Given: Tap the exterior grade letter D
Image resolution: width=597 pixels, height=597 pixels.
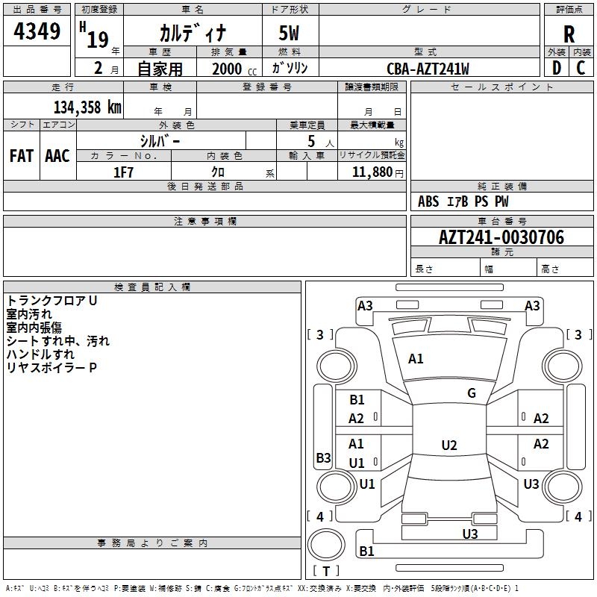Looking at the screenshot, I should point(556,67).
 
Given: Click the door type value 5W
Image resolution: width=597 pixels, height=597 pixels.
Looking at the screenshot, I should point(290,33).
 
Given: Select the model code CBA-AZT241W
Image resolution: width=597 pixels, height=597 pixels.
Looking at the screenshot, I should point(428,69).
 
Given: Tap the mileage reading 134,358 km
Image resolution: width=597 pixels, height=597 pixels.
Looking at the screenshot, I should point(87,107).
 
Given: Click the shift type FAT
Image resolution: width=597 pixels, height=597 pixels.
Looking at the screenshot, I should point(22,155).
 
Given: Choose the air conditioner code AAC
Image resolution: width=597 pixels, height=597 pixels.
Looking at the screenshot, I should point(57,155).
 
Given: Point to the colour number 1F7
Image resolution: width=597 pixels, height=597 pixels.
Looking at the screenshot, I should point(123,172).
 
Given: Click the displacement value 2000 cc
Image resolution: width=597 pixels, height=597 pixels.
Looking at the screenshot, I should point(233,69).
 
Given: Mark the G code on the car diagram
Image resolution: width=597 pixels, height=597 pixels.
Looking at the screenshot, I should point(471,393).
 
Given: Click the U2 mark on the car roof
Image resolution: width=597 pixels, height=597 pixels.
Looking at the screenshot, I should point(448,446).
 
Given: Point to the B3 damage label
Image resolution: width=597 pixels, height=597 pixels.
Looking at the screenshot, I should point(323,457).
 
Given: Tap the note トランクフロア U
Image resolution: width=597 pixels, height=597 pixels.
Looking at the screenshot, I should point(52,301).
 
